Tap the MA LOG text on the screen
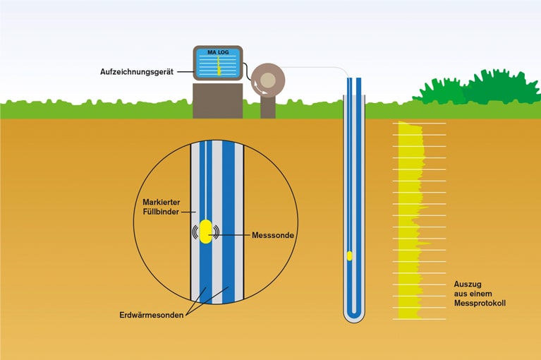218,54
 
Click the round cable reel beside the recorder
267,79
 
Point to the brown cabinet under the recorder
217,100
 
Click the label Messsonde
273,234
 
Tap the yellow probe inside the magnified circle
205,232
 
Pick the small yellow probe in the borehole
349,255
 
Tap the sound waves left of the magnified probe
195,232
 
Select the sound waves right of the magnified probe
216,232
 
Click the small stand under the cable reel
267,107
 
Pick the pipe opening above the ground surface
354,80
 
